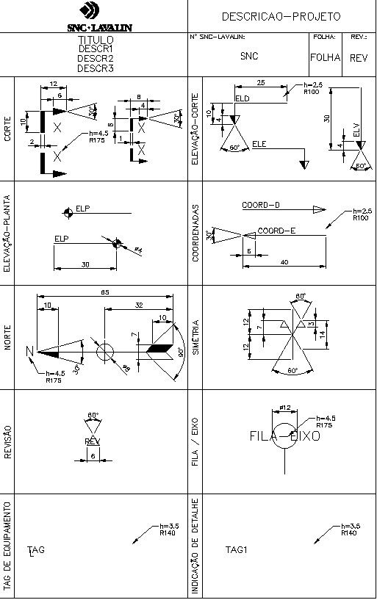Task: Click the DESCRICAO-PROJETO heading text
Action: pyautogui.click(x=280, y=15)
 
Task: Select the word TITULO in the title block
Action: pyautogui.click(x=96, y=40)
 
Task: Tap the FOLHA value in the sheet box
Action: pyautogui.click(x=325, y=57)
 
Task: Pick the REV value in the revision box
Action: pyautogui.click(x=358, y=57)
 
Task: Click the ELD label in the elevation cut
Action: pyautogui.click(x=242, y=98)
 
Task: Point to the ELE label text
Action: pyautogui.click(x=259, y=142)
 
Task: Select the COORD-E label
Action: pyautogui.click(x=276, y=231)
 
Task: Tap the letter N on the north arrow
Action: pyautogui.click(x=30, y=352)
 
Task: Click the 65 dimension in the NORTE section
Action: pyautogui.click(x=105, y=293)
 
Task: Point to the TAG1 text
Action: pyautogui.click(x=234, y=549)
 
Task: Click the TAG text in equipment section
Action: pyautogui.click(x=36, y=550)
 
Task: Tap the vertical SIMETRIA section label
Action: pyautogui.click(x=196, y=337)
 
